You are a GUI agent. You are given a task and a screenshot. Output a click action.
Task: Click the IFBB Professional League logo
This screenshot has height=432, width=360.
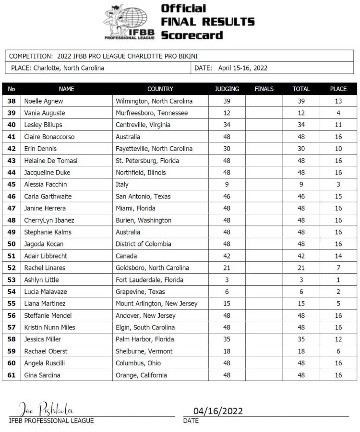click(x=128, y=22)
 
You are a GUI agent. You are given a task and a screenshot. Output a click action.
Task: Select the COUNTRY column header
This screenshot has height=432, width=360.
click(x=160, y=89)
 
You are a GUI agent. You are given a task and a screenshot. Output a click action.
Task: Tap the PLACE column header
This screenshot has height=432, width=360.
click(x=338, y=89)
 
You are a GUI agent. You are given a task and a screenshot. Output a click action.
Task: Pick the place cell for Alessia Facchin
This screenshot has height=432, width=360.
click(x=338, y=185)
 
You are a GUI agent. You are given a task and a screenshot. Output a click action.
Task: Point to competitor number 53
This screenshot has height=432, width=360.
click(x=12, y=280)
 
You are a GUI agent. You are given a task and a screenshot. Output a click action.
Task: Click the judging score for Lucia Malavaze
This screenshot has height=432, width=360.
click(x=227, y=292)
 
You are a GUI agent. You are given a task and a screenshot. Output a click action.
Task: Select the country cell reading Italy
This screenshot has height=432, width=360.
click(x=122, y=185)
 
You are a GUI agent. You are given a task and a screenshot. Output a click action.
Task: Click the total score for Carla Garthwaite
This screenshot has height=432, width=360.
click(x=301, y=197)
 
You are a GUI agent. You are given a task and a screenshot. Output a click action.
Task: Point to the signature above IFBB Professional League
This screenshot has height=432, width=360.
click(x=46, y=410)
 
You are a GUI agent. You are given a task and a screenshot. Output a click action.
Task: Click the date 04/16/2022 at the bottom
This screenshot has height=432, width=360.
click(x=218, y=411)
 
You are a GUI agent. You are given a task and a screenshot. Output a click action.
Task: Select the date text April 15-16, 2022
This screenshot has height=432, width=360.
click(x=242, y=68)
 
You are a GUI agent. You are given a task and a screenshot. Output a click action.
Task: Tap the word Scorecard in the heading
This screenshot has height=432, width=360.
click(x=192, y=35)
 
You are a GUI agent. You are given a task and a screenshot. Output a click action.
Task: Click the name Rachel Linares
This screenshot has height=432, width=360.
click(x=44, y=268)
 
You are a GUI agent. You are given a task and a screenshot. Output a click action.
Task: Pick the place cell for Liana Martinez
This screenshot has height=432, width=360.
click(x=338, y=304)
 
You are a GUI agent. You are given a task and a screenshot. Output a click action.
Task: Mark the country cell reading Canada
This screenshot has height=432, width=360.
click(x=126, y=256)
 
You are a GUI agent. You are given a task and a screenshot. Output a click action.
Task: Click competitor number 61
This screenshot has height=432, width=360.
click(x=12, y=375)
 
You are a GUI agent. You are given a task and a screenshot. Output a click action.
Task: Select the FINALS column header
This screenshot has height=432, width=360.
click(x=264, y=89)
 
